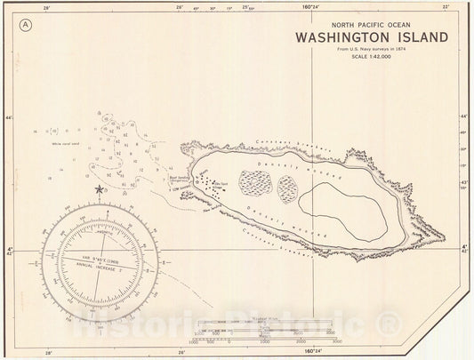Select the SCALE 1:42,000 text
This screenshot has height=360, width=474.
click(370, 58)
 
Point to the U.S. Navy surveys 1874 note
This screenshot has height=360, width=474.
click(370, 51)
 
